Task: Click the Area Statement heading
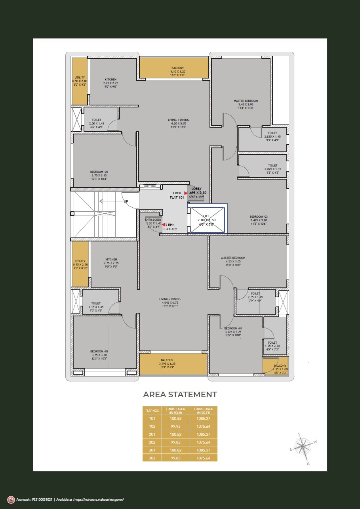180,394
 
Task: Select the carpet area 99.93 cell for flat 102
175,426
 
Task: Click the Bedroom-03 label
258,217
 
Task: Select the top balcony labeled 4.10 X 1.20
174,68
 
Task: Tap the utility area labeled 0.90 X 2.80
79,81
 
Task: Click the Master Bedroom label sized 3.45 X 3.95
246,101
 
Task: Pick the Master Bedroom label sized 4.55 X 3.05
233,258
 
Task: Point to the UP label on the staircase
126,201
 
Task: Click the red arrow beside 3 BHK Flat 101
185,193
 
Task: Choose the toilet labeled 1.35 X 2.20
272,343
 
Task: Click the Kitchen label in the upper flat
110,79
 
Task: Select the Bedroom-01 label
233,329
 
